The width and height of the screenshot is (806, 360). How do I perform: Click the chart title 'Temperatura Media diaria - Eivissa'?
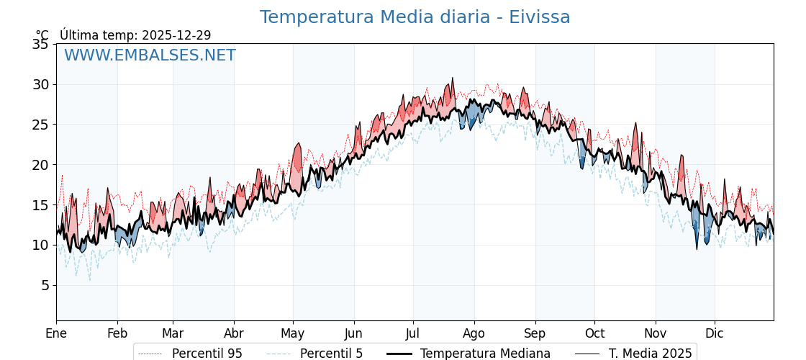415,17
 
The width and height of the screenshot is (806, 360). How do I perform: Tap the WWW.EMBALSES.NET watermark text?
150,55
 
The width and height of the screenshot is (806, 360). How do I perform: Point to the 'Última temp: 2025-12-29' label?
135,35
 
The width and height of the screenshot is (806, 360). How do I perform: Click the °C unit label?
42,35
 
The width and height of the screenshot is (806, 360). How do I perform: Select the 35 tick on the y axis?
40,44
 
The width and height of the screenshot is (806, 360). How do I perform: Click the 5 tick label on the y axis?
45,285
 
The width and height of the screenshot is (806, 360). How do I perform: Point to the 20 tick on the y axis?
40,165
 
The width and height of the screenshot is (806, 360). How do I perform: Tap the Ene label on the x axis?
56,333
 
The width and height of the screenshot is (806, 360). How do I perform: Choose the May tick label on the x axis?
293,333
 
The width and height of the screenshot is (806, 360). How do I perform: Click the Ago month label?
474,333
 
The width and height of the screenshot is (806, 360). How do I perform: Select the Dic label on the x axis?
715,333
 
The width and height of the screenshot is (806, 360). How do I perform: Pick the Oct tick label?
594,333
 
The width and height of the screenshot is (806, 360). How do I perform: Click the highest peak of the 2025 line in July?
453,78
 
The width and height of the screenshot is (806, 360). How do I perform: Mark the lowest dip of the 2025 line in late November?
697,249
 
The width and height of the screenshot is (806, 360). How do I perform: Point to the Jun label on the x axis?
353,333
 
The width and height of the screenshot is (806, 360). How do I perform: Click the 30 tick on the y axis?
40,84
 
